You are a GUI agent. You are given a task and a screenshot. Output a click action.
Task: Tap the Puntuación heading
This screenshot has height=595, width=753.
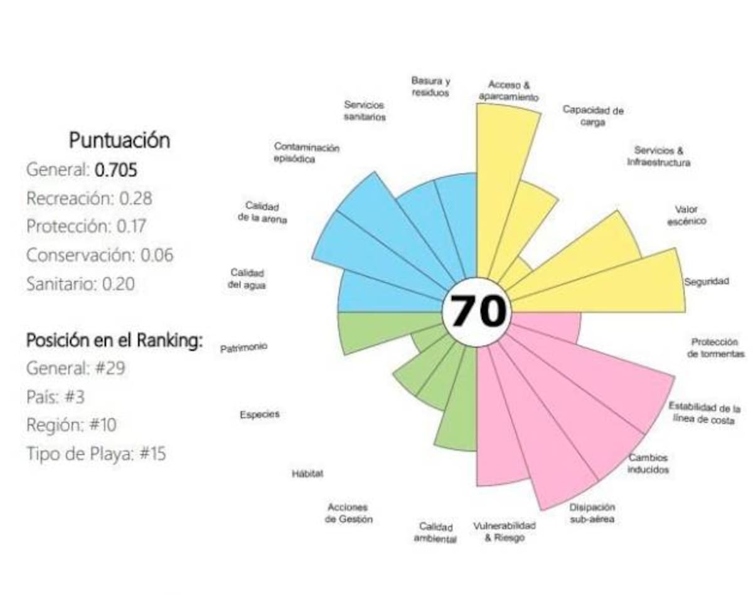(x=119, y=140)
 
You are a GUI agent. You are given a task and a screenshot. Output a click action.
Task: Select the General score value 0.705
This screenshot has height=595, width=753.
(x=116, y=169)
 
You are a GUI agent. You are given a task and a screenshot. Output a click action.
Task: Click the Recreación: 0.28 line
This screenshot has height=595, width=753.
(x=89, y=198)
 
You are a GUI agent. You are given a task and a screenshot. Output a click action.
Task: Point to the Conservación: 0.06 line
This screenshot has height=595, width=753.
(x=100, y=255)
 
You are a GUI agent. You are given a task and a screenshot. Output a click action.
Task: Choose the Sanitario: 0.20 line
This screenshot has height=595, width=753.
(x=81, y=284)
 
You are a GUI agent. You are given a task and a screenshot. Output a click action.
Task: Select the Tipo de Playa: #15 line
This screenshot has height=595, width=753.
(x=96, y=453)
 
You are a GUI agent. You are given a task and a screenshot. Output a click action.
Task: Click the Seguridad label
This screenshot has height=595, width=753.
(x=707, y=282)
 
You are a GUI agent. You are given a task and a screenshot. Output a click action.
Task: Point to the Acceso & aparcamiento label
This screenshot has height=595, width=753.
(x=508, y=90)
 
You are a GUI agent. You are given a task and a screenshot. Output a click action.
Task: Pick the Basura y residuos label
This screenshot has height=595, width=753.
(x=430, y=87)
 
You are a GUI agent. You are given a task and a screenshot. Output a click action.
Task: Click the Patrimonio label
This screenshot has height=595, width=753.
(x=243, y=347)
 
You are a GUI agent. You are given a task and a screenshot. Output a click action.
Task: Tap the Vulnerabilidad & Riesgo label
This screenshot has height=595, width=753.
(x=505, y=532)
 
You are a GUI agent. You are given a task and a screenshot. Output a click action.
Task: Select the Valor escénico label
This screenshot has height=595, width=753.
(x=686, y=215)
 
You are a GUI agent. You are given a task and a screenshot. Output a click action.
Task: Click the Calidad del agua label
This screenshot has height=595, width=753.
(x=247, y=278)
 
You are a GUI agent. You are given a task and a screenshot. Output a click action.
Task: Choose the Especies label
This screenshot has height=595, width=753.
(x=259, y=414)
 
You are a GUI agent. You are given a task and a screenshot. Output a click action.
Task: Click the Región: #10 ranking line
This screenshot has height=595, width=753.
(x=71, y=425)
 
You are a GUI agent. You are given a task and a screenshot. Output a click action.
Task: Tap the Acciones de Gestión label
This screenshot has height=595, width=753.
(x=349, y=513)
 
